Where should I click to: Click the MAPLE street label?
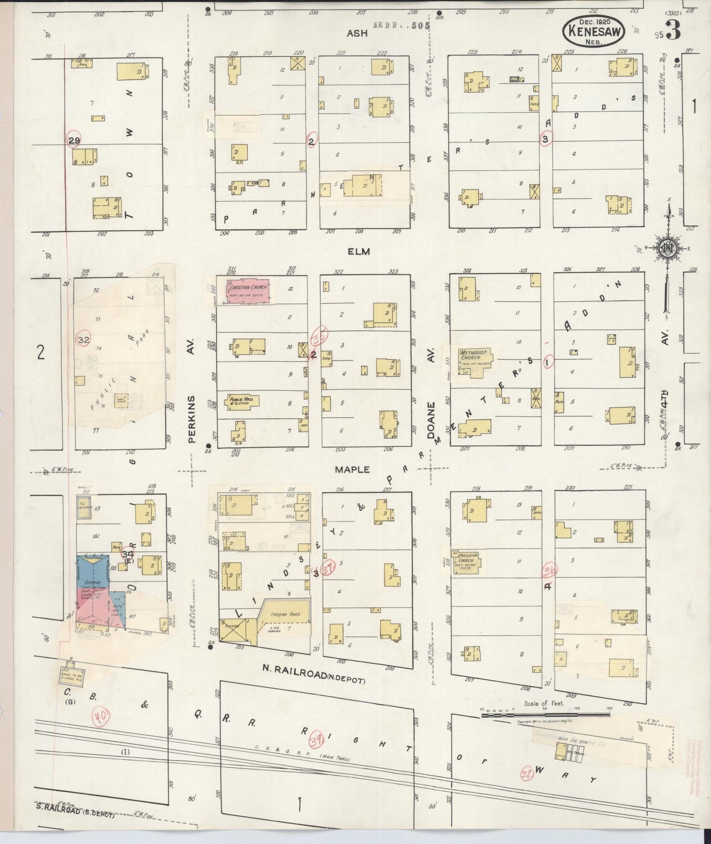click(x=352, y=469)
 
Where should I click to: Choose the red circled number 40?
click(x=101, y=718)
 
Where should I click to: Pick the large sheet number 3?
click(x=674, y=30)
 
